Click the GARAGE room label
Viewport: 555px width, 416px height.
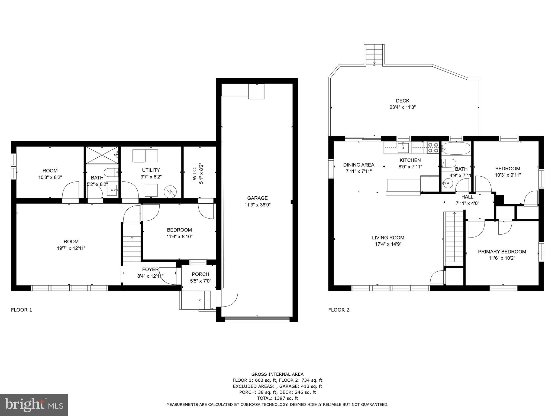[x=257, y=198]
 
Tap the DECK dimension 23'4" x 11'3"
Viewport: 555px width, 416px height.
[x=402, y=107]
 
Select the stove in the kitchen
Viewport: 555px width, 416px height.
[x=433, y=148]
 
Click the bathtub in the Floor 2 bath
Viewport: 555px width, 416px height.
[x=456, y=148]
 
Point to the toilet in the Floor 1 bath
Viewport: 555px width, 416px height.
[x=111, y=172]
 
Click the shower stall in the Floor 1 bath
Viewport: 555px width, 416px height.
[x=102, y=155]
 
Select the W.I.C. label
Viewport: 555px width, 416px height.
[x=201, y=174]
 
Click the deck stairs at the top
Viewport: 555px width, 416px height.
[x=374, y=54]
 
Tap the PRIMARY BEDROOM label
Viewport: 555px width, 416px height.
[x=502, y=252]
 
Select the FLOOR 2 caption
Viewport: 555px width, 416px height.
[x=339, y=310]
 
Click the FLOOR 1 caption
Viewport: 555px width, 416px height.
[x=21, y=310]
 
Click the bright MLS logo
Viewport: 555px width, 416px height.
[x=34, y=405]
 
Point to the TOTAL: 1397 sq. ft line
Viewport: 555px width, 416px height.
[x=277, y=398]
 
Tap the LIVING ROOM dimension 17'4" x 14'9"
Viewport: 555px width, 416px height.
[x=388, y=244]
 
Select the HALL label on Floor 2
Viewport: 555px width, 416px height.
[x=467, y=197]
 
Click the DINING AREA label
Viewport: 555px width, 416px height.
[x=359, y=165]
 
